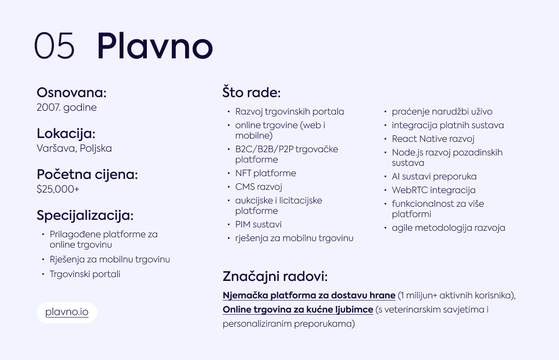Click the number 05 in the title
point(55,46)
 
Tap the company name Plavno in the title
point(154,46)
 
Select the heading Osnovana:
point(72,93)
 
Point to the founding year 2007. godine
point(67,107)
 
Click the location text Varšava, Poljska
point(74,148)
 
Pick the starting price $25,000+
point(58,189)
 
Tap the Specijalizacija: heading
point(85,215)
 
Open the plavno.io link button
point(67,313)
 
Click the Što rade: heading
point(251,93)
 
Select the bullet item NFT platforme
point(266,173)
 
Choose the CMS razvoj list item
point(259,187)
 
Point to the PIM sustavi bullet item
point(258,224)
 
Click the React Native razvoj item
point(433,139)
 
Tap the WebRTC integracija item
point(434,190)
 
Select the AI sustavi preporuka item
point(434,177)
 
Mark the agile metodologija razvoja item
point(449,228)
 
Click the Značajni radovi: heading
point(275,277)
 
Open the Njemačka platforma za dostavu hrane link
point(309,296)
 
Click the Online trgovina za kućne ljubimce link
point(298,310)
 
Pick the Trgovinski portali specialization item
point(85,274)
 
